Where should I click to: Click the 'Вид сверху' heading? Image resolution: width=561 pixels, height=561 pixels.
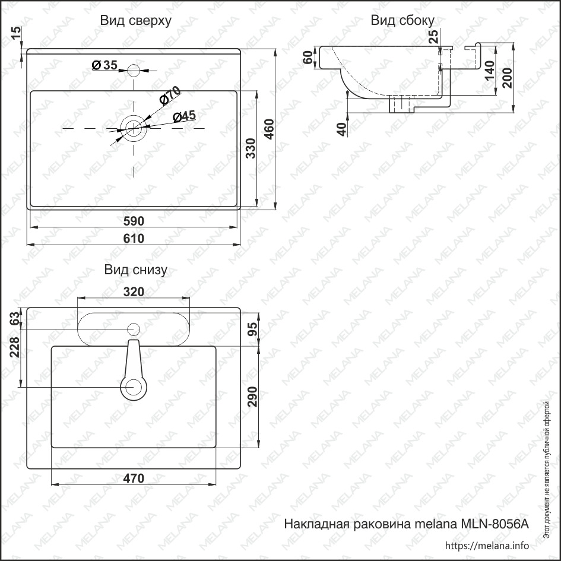135,21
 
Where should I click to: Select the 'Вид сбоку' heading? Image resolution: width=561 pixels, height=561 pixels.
402,20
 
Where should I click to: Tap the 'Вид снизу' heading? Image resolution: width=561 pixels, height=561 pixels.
135,270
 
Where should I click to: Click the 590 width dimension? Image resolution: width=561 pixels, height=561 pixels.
134,221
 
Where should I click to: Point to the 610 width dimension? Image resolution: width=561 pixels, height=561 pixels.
134,238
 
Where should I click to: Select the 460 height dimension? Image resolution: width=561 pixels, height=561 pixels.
269,129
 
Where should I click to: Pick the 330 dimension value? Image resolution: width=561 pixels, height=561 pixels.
251,148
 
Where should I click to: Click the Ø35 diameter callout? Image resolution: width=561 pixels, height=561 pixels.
104,65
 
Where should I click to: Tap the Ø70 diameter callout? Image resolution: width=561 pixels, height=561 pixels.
170,95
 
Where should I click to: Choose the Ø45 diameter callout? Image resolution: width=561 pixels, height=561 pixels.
184,116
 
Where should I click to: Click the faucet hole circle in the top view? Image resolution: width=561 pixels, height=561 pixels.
134,71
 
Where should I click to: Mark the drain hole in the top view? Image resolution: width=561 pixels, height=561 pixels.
134,128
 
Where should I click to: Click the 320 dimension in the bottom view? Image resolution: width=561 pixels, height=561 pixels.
134,292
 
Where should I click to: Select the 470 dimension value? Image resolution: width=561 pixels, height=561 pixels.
134,478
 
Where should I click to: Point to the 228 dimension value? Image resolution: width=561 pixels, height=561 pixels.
15,347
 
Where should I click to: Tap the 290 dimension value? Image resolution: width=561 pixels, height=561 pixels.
252,397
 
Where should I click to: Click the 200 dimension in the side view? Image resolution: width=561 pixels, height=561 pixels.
507,78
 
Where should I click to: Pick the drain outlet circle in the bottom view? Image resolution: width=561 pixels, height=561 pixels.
134,387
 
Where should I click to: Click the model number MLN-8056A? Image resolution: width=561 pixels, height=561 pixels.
495,524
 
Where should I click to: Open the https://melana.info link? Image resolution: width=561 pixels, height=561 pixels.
487,546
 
